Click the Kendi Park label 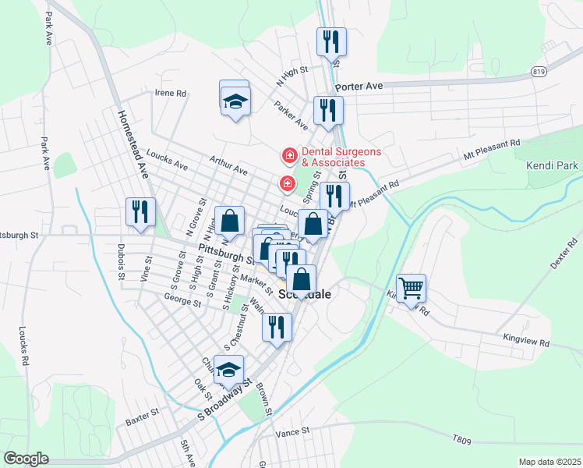click(x=552, y=165)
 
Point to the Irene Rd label click(x=171, y=93)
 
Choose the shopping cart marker click(x=411, y=288)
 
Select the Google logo click(x=26, y=459)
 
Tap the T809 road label click(x=462, y=441)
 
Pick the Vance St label click(x=293, y=431)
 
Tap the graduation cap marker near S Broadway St click(x=228, y=370)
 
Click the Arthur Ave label click(x=228, y=165)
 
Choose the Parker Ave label click(x=291, y=114)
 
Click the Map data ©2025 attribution click(x=549, y=462)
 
